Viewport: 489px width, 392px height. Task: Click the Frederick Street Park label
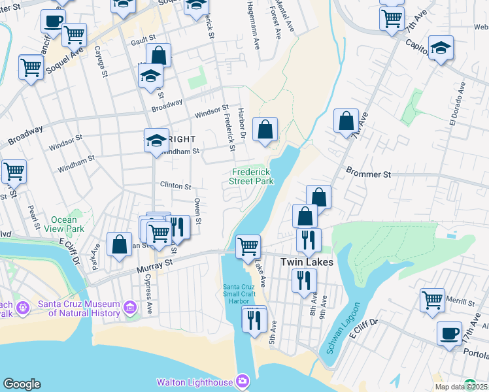tap(252, 177)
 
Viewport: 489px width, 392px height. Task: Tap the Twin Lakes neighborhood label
tap(307, 262)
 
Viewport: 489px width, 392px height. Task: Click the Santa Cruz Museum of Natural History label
tap(78, 308)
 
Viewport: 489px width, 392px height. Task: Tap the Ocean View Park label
tap(68, 225)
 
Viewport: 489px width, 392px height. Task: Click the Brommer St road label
tap(368, 175)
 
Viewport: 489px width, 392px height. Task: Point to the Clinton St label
tap(175, 186)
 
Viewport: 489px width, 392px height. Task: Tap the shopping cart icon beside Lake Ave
tap(248, 246)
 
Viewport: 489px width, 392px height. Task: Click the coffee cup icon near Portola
tap(449, 333)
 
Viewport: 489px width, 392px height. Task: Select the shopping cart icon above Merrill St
tap(432, 300)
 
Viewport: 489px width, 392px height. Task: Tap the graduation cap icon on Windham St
tap(157, 140)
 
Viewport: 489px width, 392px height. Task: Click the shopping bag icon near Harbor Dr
tap(265, 129)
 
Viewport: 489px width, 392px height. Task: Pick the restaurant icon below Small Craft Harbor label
tap(254, 319)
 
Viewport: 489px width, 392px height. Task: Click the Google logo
tap(22, 384)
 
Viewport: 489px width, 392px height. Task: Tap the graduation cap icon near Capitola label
tap(441, 47)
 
